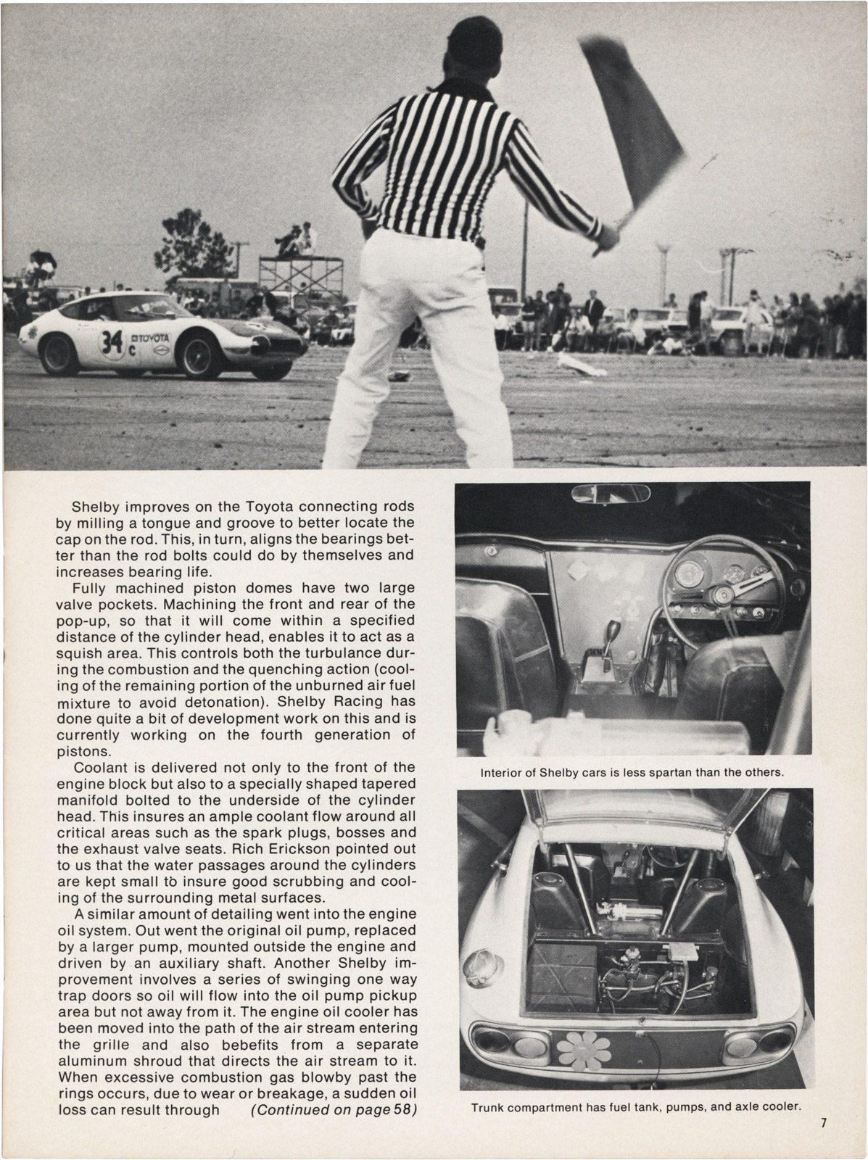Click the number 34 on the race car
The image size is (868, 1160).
[x=112, y=339]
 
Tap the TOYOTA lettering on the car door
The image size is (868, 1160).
[x=151, y=338]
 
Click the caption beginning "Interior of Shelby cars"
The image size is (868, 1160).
[x=632, y=772]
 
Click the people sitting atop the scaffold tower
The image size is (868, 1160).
[x=296, y=237]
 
